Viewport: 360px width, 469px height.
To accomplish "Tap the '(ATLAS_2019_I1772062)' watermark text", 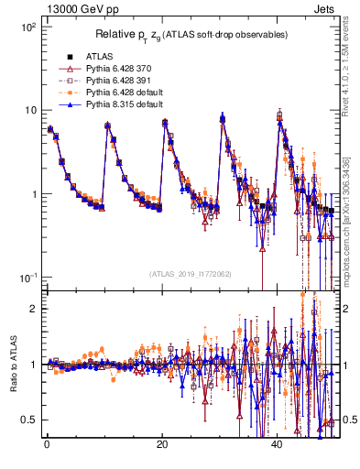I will [x=191, y=274].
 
